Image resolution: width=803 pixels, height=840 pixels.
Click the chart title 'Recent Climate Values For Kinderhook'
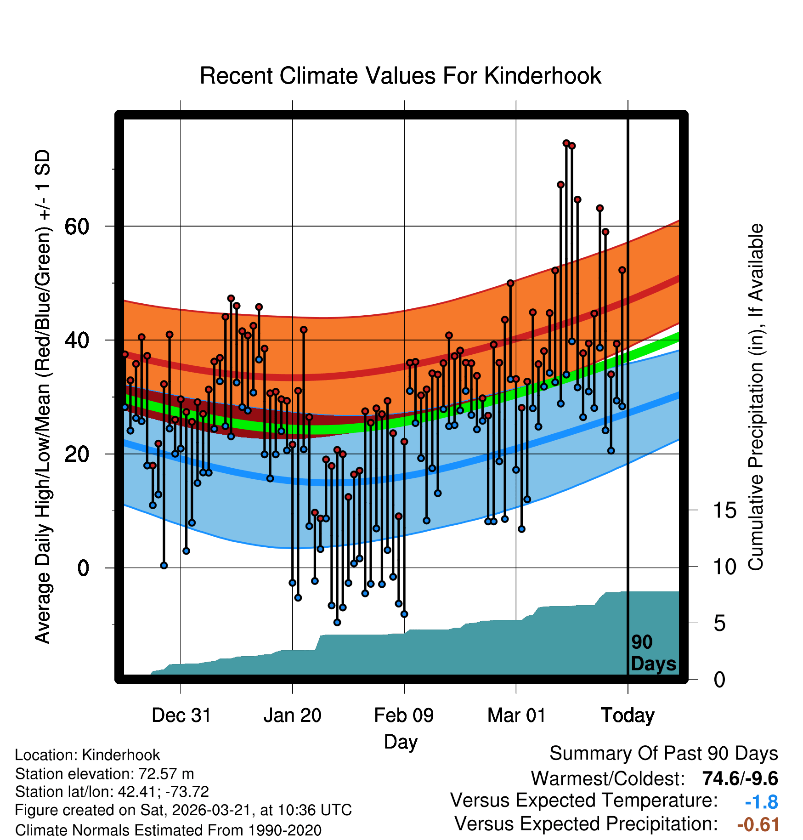pyautogui.click(x=400, y=76)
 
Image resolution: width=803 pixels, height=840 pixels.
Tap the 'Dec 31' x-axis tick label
pyautogui.click(x=181, y=715)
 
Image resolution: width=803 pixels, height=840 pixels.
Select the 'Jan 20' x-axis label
pyautogui.click(x=293, y=715)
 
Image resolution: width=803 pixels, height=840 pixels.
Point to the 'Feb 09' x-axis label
pyautogui.click(x=404, y=715)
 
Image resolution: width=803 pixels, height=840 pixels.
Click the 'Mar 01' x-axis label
pyautogui.click(x=516, y=715)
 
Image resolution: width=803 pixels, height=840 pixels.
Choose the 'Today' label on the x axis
pyautogui.click(x=628, y=715)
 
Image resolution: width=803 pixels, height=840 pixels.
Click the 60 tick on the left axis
pyautogui.click(x=77, y=226)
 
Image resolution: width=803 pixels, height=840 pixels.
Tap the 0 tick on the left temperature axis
pyautogui.click(x=83, y=568)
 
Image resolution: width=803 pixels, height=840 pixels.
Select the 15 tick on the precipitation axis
pyautogui.click(x=724, y=511)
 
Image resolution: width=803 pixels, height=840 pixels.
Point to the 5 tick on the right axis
pyautogui.click(x=719, y=624)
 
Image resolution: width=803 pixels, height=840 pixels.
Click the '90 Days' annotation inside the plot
pyautogui.click(x=653, y=653)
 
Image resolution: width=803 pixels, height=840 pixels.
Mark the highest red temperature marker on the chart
pyautogui.click(x=566, y=143)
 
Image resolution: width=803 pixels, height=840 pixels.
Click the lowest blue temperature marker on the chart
pyautogui.click(x=337, y=622)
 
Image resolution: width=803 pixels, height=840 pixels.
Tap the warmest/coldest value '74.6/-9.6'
pyautogui.click(x=740, y=778)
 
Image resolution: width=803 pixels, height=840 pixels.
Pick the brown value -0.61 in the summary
pyautogui.click(x=758, y=824)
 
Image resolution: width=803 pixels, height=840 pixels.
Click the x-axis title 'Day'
pyautogui.click(x=401, y=742)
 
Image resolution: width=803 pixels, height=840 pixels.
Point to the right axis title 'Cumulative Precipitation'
pyautogui.click(x=756, y=397)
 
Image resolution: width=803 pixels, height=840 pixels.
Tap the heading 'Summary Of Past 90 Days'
pyautogui.click(x=663, y=754)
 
